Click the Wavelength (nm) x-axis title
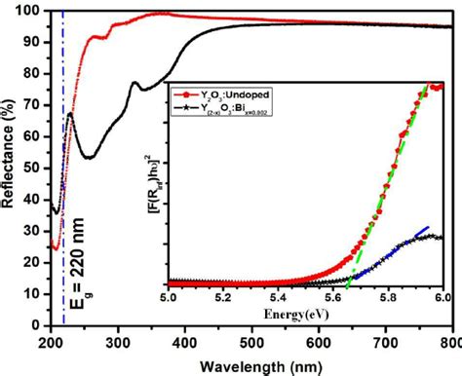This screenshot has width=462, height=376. (x=252, y=365)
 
